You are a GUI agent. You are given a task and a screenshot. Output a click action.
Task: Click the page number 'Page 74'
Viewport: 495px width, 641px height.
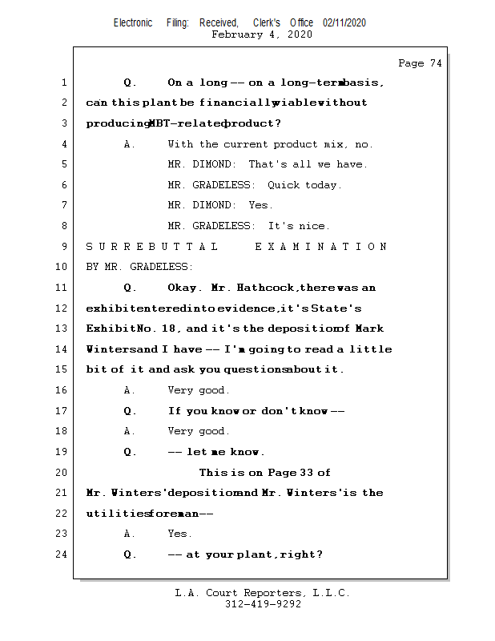(420, 63)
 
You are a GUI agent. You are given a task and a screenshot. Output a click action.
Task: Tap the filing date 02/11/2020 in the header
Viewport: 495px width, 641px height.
(344, 23)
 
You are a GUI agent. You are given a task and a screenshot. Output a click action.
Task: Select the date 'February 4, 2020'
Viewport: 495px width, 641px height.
(262, 34)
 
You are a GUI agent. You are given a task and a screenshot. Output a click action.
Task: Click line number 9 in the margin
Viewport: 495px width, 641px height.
(63, 247)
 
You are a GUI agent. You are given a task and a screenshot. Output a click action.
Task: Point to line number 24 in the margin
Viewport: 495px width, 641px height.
(61, 554)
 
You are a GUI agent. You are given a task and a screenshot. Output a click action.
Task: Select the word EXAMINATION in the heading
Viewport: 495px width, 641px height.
(321, 247)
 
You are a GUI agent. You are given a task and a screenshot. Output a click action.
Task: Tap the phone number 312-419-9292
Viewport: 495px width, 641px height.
(263, 604)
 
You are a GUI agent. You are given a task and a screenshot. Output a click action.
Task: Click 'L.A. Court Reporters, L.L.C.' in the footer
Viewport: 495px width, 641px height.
(263, 593)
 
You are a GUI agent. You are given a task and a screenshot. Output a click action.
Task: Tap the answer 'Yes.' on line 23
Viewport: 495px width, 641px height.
(179, 534)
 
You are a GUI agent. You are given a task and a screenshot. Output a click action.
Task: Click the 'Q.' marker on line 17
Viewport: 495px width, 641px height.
(131, 411)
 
